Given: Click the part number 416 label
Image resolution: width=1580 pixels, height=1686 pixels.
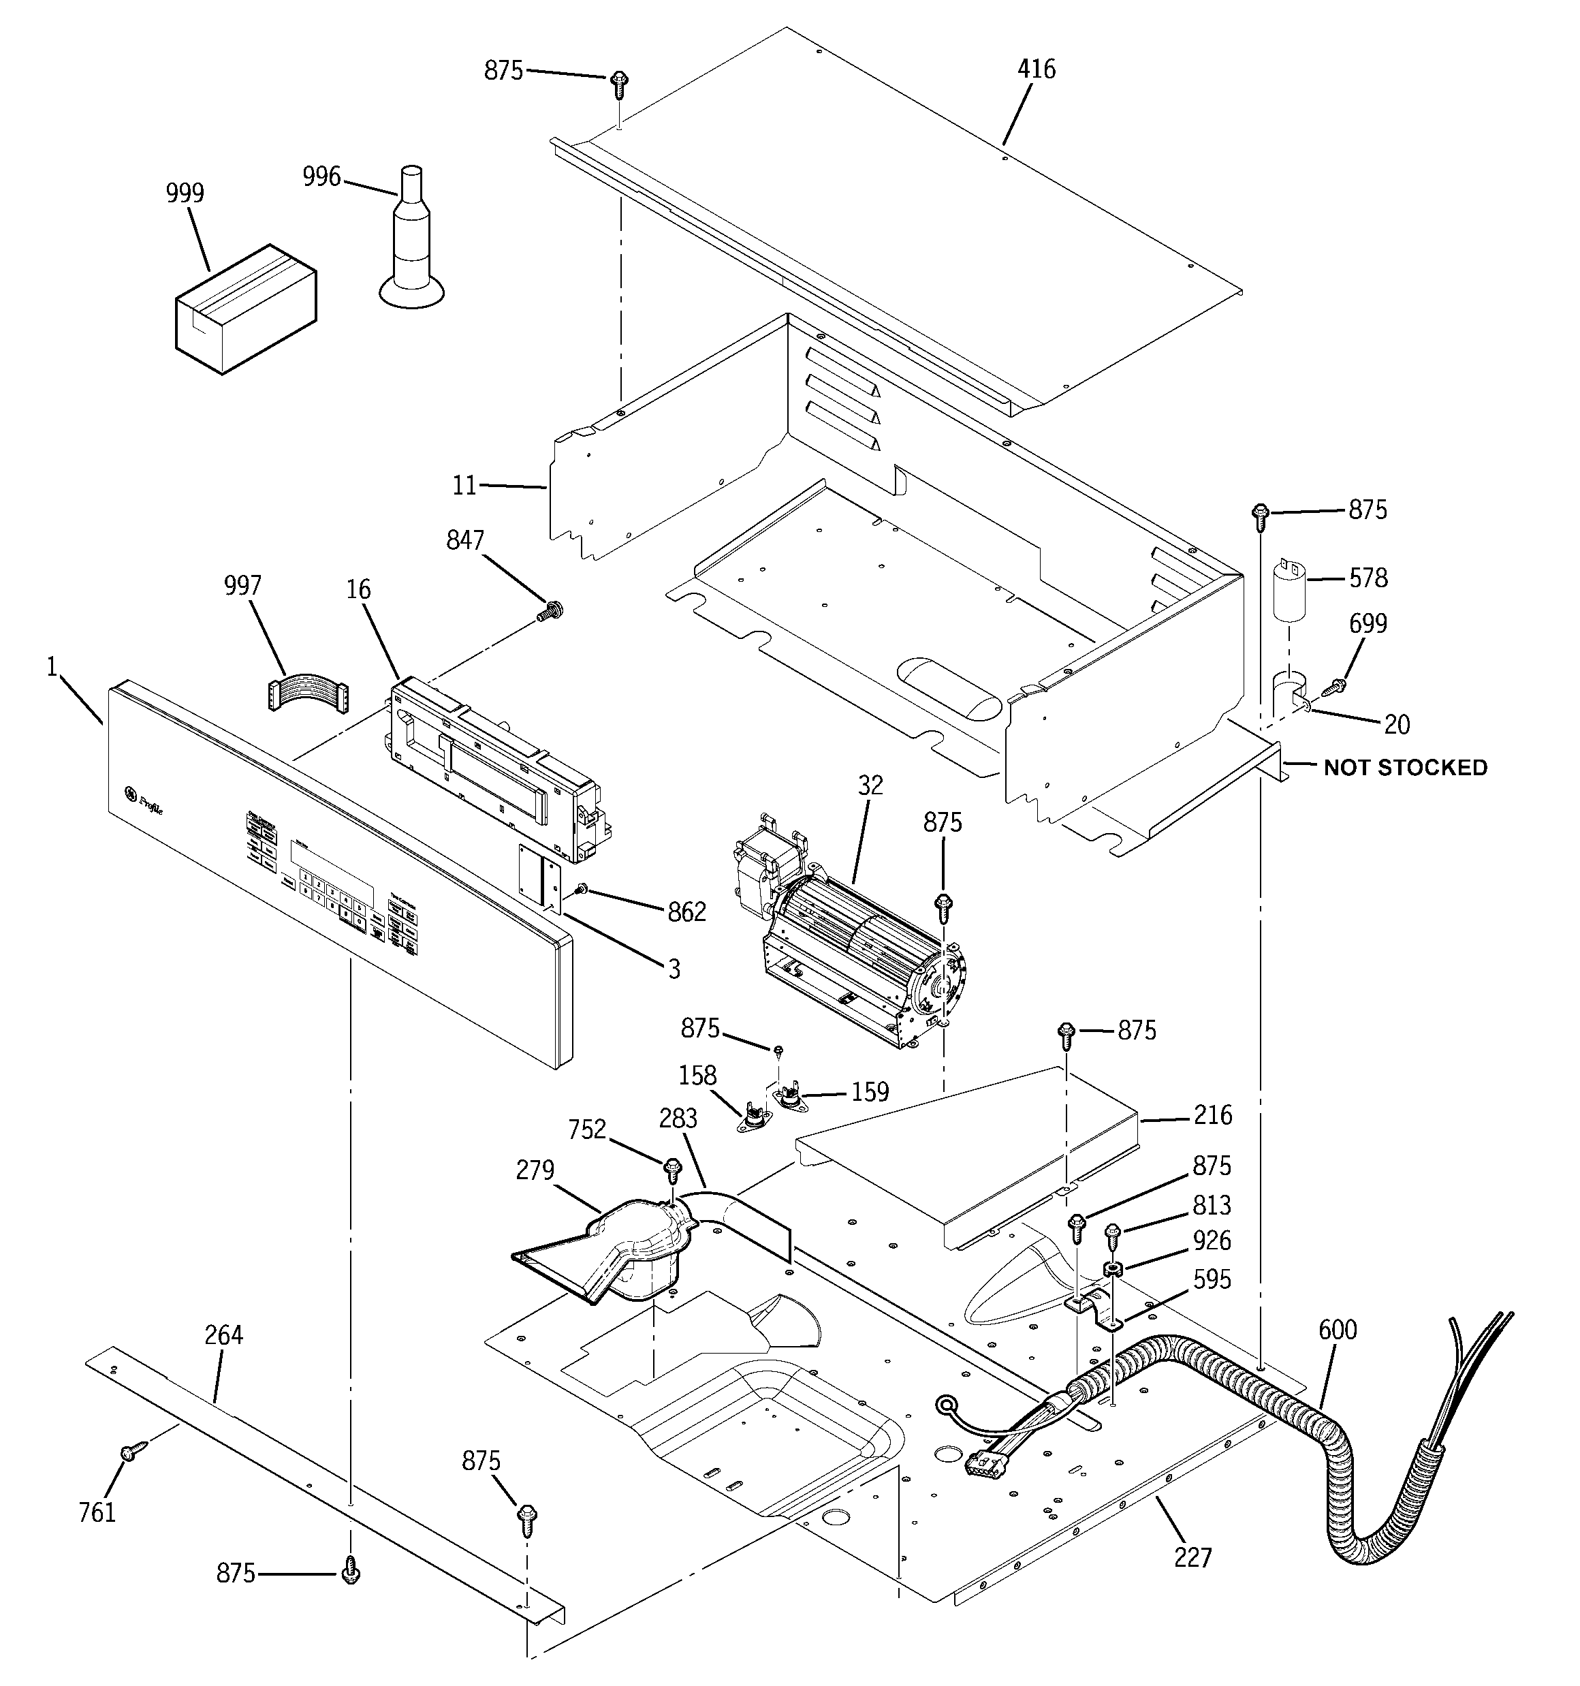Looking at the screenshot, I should point(1037,69).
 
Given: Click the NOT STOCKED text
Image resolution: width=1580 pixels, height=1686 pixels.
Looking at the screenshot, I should point(1405,768).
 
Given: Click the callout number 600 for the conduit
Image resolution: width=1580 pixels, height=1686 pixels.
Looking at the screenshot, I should point(1337,1330).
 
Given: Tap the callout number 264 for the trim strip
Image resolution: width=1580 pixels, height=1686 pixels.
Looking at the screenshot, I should point(224,1335).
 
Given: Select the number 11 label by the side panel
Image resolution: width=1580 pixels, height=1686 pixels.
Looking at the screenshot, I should point(464,486).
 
